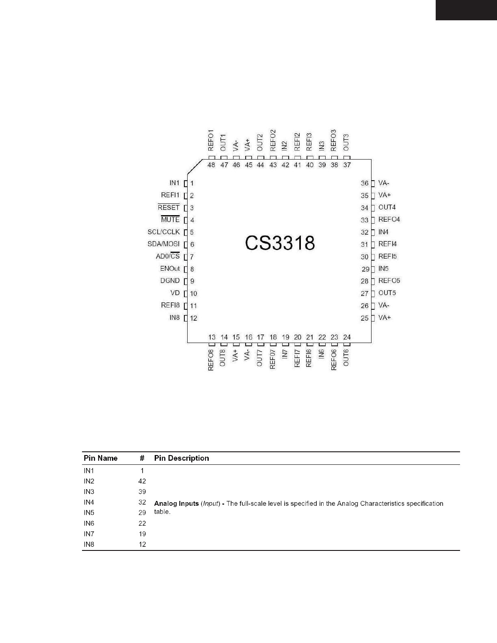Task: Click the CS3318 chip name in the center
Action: pos(280,243)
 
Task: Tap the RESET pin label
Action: pos(169,207)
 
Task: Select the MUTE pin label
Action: pos(170,220)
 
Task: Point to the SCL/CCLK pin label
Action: pos(163,232)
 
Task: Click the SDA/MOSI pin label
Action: pos(163,244)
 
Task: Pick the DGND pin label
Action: pos(170,281)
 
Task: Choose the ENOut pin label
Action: pos(170,268)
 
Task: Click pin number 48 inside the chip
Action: pos(211,165)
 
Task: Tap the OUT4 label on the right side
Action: pos(387,207)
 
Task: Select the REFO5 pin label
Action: pos(389,281)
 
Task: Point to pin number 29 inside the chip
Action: pos(365,269)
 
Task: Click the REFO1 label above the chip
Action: pos(211,140)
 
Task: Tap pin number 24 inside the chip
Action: pos(347,337)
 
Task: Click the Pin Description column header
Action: pos(182,458)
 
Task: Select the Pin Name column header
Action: pos(100,458)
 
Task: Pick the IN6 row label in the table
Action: pos(89,523)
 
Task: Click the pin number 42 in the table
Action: pos(142,481)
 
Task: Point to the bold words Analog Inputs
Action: pos(176,503)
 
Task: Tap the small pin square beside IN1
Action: pos(186,183)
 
